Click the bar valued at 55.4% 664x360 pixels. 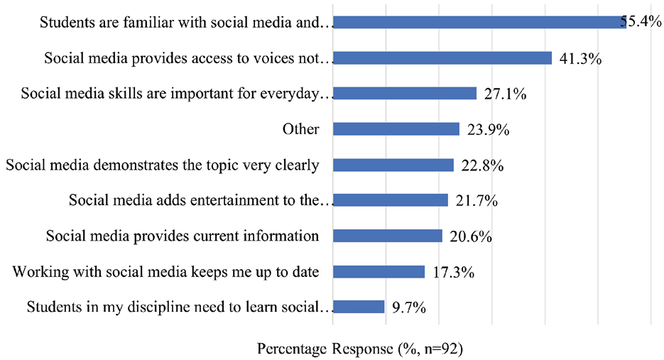coord(479,23)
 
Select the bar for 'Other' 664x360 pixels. coord(396,129)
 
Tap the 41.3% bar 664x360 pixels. coord(442,58)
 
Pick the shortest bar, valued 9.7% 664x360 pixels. coord(359,307)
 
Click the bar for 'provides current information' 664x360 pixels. coord(388,236)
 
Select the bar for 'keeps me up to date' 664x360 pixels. coord(379,272)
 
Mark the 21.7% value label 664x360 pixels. coord(476,202)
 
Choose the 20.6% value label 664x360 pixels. coord(470,237)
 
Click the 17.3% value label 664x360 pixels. coord(452,273)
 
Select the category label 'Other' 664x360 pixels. coord(300,129)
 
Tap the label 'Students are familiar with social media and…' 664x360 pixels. coord(186,22)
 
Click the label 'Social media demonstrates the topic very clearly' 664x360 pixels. coord(162,165)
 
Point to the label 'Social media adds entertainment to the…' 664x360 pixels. coord(201,200)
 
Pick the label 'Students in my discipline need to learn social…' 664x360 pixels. coord(180,307)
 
